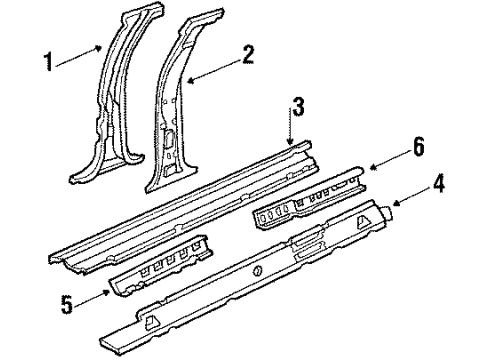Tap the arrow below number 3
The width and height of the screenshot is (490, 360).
click(294, 131)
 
